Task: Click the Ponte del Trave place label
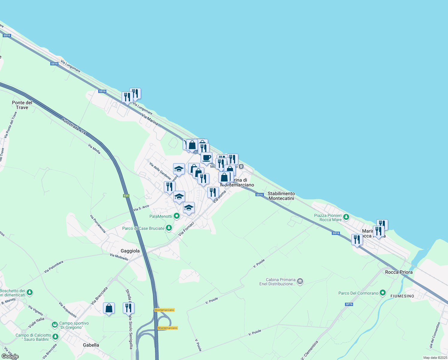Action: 22,105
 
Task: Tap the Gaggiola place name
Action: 130,251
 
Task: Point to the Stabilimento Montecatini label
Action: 281,196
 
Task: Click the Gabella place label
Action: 91,345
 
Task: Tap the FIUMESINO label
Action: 402,296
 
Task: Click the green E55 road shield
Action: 126,196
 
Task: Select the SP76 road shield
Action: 349,304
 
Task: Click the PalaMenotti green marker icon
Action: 177,216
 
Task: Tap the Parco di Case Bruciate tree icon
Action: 169,228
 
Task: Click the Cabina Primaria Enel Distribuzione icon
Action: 300,281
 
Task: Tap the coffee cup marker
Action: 206,158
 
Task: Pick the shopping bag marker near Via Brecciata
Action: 109,308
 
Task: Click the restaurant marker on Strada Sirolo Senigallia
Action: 128,308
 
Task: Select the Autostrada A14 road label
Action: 74,126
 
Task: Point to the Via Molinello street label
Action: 119,257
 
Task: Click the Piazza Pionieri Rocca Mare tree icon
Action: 346,217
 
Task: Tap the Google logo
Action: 10,356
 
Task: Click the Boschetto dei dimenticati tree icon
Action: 29,292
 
